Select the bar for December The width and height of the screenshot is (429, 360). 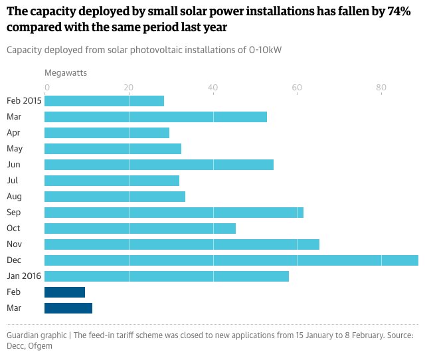click(231, 260)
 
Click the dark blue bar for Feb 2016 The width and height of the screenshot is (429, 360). click(64, 292)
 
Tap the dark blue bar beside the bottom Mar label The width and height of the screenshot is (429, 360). click(68, 308)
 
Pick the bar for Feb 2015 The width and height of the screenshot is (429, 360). click(104, 101)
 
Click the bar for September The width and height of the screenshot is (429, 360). click(174, 212)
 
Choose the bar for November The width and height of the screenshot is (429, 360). click(182, 244)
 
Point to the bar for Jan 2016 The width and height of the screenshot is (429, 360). click(167, 276)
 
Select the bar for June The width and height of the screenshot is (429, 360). click(159, 164)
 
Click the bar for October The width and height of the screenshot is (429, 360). click(140, 228)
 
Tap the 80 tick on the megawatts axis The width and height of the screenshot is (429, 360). click(381, 87)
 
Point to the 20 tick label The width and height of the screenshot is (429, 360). click(129, 87)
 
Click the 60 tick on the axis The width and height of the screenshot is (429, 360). click(297, 87)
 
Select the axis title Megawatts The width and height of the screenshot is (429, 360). click(66, 72)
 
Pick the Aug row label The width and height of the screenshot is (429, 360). click(14, 196)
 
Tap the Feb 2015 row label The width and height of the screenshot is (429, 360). click(25, 101)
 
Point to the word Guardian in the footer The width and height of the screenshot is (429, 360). click(23, 335)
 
